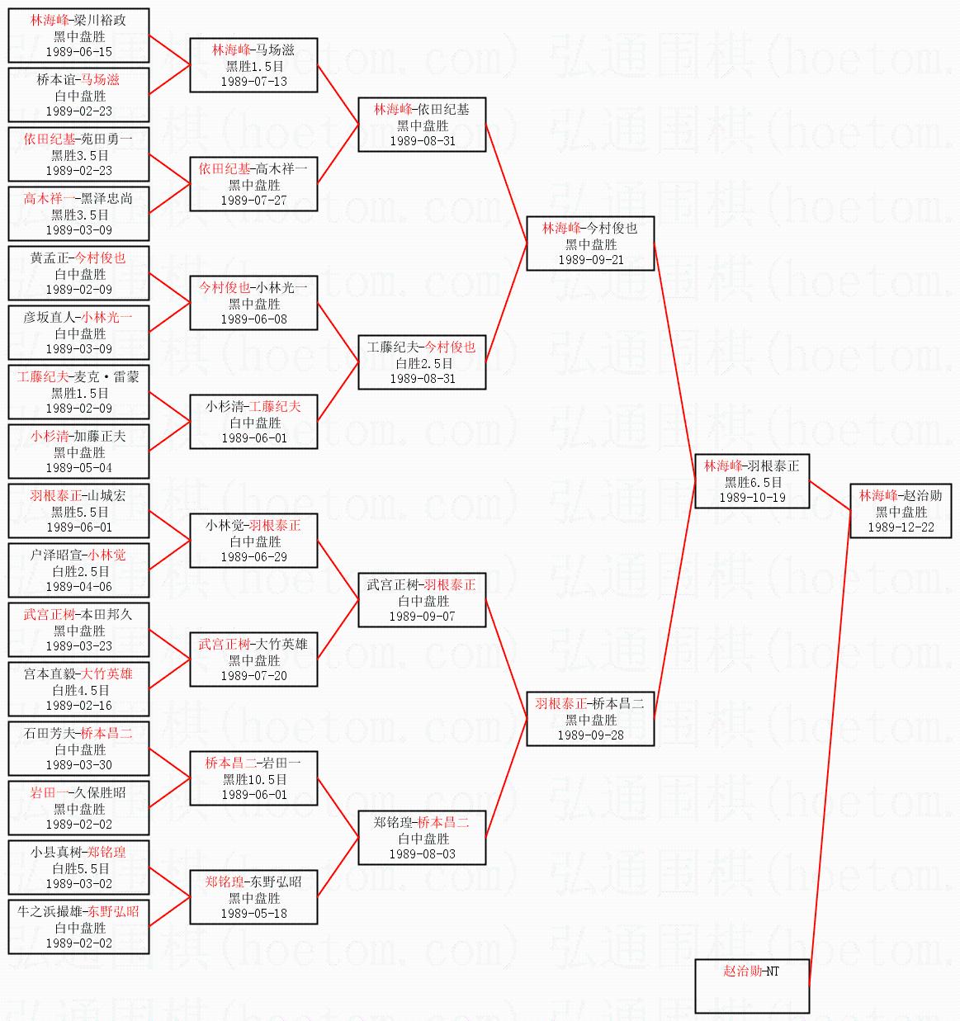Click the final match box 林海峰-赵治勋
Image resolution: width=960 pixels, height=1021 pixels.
(x=901, y=511)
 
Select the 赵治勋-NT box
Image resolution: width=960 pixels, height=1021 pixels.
(x=751, y=986)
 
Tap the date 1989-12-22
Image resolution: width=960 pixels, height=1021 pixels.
(x=901, y=527)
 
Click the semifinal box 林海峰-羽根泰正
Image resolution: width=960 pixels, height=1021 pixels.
(x=751, y=481)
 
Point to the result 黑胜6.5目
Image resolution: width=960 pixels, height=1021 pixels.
(x=751, y=482)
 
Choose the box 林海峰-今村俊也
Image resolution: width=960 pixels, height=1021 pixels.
(x=590, y=243)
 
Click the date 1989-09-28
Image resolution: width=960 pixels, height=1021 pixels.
(x=590, y=735)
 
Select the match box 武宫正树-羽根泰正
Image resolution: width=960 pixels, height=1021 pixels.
(x=422, y=600)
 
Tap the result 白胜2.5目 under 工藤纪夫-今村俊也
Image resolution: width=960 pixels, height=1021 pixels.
(x=422, y=363)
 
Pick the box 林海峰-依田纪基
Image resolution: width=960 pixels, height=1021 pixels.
(x=422, y=125)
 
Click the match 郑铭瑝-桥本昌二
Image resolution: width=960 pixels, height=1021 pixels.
(x=422, y=838)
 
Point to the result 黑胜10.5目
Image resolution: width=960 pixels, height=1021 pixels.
(x=254, y=779)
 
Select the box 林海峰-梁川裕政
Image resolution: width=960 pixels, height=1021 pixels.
(x=78, y=35)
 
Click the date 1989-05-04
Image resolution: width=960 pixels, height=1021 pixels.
(x=78, y=468)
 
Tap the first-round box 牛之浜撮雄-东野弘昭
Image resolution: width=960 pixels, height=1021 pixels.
(x=78, y=927)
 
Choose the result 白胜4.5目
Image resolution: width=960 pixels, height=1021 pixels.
(x=78, y=690)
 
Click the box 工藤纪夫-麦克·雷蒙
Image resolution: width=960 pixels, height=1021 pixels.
(x=78, y=392)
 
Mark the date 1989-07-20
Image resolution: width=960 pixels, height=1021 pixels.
(x=254, y=676)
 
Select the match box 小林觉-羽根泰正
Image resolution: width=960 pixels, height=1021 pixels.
(x=254, y=541)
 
